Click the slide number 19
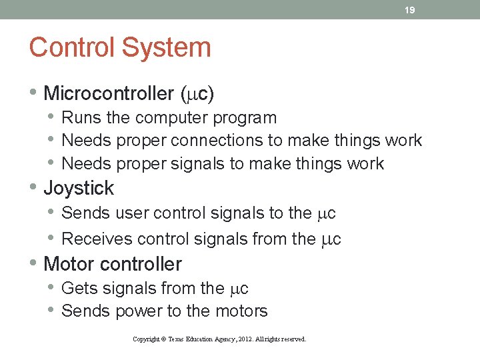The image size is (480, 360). pyautogui.click(x=411, y=10)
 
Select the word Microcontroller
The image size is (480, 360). pyautogui.click(x=109, y=94)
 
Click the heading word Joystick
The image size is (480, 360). pyautogui.click(x=79, y=189)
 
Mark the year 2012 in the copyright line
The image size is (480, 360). pyautogui.click(x=243, y=339)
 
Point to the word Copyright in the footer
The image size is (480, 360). pyautogui.click(x=146, y=339)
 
